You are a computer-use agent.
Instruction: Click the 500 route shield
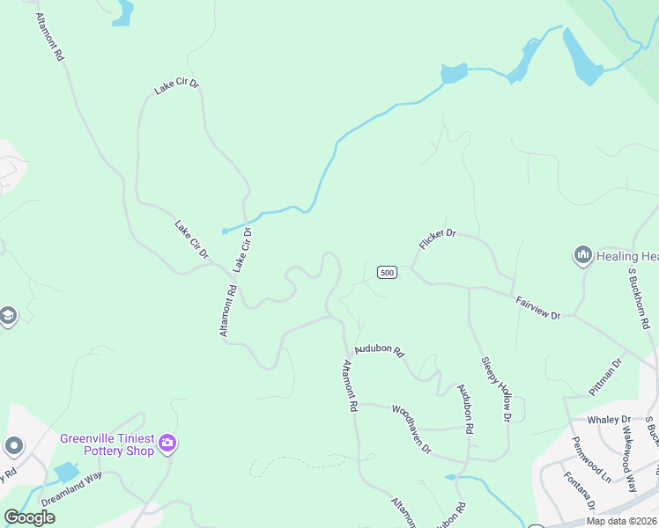(387, 273)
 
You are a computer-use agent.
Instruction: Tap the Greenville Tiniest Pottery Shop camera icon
(168, 444)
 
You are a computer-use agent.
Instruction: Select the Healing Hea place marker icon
(581, 256)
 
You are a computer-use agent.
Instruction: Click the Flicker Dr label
(437, 239)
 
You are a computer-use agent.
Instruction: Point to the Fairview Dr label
(538, 307)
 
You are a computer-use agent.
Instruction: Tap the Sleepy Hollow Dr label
(496, 389)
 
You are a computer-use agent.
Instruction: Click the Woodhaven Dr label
(411, 429)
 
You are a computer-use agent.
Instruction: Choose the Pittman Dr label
(605, 376)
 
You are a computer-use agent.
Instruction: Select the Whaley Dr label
(614, 420)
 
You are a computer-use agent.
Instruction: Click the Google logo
(29, 517)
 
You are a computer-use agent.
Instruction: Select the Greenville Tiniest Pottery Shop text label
(107, 444)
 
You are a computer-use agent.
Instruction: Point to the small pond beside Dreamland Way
(66, 472)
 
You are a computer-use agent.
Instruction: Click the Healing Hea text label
(627, 256)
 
